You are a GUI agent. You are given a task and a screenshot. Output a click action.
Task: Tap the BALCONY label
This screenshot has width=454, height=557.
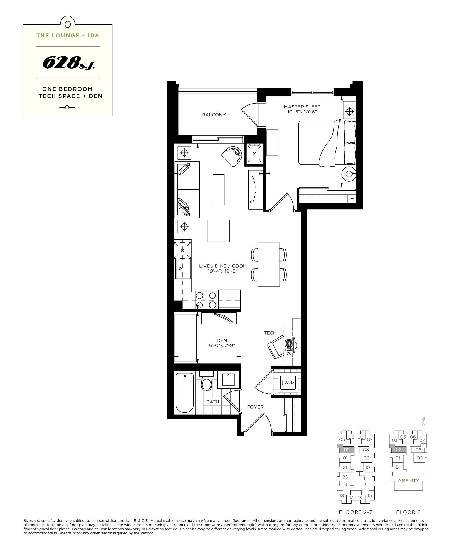[x=214, y=115]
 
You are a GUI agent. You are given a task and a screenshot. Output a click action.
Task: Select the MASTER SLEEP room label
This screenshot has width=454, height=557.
[x=302, y=107]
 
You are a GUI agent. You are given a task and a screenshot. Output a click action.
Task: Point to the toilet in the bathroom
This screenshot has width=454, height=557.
[x=206, y=383]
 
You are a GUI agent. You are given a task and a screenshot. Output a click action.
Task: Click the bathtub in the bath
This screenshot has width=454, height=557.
[x=184, y=393]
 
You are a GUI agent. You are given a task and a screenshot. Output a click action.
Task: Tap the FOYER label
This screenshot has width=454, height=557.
[x=255, y=407]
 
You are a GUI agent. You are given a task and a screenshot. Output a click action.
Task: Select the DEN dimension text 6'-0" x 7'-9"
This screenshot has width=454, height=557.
[x=222, y=345]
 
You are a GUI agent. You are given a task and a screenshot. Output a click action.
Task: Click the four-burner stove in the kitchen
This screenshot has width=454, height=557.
[x=206, y=300]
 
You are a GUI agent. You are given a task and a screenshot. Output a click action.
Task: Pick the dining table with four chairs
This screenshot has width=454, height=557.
[x=269, y=264]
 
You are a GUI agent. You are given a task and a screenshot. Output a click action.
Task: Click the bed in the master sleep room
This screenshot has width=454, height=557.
[x=327, y=143]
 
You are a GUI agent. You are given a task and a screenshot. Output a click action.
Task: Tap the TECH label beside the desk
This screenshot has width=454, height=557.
[x=270, y=333]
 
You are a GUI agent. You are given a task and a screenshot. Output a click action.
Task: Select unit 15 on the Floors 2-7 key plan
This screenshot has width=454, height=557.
[x=369, y=495]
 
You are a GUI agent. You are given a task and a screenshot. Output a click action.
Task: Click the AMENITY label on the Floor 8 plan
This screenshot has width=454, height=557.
[x=408, y=480]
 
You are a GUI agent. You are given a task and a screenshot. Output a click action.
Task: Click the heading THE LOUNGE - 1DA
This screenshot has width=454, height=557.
[x=68, y=35]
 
